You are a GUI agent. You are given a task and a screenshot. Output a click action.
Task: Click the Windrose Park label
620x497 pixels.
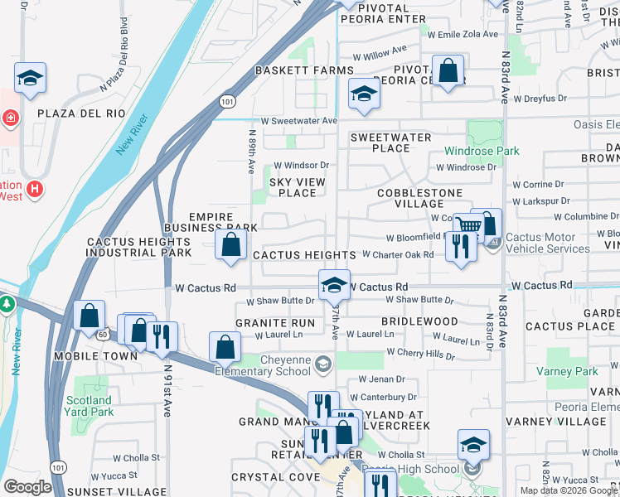point(482,151)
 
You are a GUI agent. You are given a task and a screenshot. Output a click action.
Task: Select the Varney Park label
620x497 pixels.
point(572,371)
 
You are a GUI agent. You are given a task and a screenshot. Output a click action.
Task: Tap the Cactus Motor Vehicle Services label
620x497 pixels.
point(557,244)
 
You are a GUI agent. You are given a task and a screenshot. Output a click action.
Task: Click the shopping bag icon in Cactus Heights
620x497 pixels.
point(231,244)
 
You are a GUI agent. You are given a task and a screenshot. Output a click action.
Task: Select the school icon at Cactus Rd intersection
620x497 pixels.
point(334,285)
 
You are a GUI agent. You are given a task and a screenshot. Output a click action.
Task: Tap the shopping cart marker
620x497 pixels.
point(468,226)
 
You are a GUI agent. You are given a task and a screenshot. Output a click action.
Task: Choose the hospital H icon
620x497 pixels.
point(34,190)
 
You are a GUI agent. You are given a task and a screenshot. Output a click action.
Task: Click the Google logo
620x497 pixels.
point(28,486)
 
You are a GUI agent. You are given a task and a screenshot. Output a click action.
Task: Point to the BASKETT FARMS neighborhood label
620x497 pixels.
point(304,70)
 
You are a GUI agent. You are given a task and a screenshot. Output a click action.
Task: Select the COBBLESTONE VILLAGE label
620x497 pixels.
point(419,198)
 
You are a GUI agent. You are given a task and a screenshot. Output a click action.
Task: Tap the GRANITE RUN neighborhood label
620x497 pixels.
point(275,322)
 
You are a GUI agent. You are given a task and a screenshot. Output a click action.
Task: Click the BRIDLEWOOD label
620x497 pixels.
point(419,321)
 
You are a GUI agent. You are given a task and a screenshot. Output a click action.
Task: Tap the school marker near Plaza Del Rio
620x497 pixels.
point(31,79)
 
